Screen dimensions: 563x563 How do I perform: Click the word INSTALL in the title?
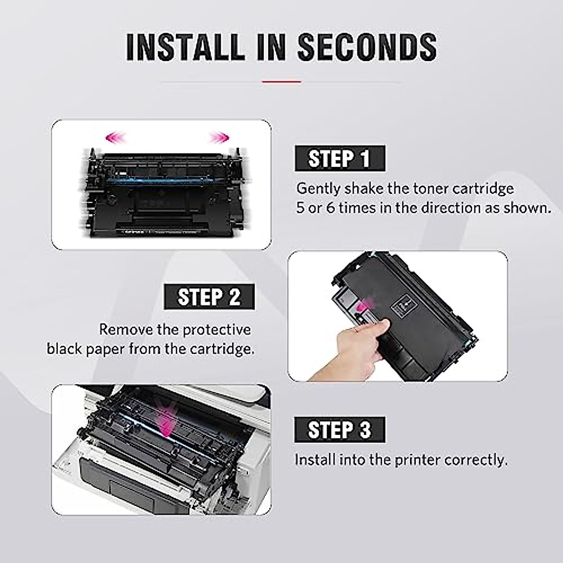[185, 46]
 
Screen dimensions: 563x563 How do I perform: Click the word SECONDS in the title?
[367, 46]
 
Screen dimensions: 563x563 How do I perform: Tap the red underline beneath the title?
[281, 82]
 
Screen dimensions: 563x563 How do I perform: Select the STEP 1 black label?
[339, 158]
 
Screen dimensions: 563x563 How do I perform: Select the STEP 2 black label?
[209, 297]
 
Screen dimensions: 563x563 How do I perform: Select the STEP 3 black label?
[339, 429]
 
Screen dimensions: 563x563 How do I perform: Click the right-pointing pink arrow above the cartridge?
[218, 137]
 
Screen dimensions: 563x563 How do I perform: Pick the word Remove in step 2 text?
[125, 330]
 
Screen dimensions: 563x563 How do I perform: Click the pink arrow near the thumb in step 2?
[360, 307]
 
